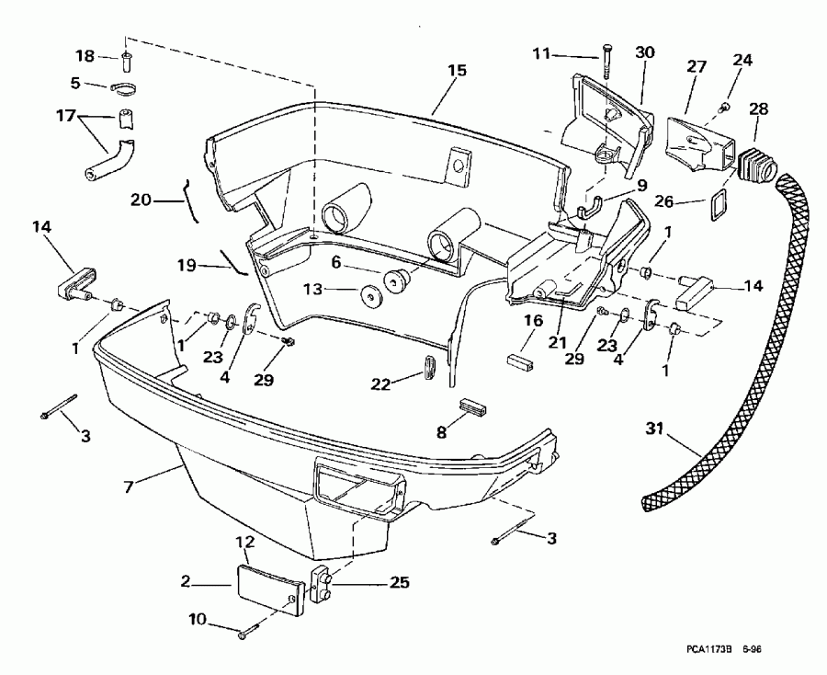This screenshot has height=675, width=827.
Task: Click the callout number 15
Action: coord(457,70)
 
